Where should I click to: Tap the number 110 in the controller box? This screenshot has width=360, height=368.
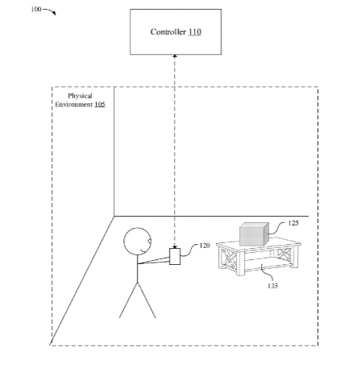[195, 32]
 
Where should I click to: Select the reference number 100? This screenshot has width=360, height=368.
[36, 10]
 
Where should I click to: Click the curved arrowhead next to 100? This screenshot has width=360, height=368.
[55, 14]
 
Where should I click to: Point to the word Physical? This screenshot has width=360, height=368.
[80, 96]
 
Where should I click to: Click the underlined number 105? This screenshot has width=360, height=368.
[100, 104]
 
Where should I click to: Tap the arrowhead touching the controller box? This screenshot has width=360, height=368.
[175, 56]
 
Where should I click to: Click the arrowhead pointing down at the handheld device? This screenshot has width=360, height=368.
[175, 246]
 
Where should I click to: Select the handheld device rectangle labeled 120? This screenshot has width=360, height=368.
[175, 257]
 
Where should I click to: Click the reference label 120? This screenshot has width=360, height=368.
[205, 246]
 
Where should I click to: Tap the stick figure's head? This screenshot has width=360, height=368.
[137, 242]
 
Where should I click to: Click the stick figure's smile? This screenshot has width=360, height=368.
[143, 251]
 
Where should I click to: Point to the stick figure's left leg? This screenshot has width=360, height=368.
[128, 300]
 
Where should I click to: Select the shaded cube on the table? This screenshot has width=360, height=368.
[254, 234]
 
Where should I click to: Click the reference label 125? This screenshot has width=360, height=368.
[293, 223]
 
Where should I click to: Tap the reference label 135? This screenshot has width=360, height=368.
[272, 286]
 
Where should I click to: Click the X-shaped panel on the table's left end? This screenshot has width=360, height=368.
[228, 258]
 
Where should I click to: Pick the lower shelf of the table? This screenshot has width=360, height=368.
[268, 265]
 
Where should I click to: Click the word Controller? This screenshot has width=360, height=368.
[168, 32]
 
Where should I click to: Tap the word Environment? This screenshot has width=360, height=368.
[73, 104]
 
